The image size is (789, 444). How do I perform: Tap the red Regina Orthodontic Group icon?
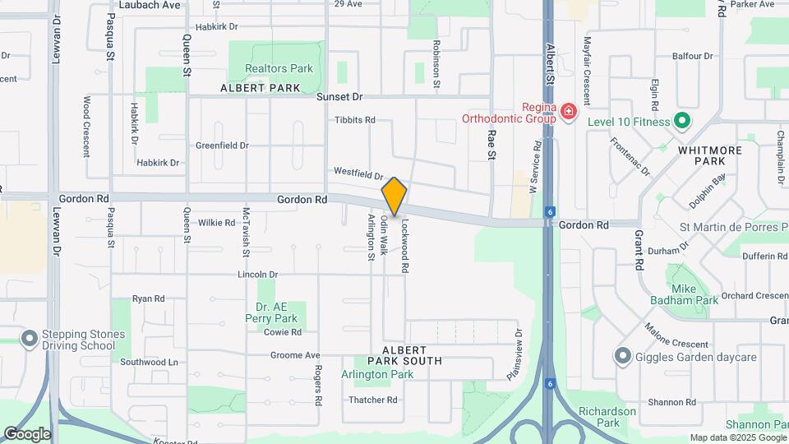click(x=568, y=110)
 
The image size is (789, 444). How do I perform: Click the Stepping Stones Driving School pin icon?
click(x=30, y=339)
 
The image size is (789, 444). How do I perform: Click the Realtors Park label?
click(x=279, y=68)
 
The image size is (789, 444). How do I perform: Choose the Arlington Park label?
click(x=377, y=374)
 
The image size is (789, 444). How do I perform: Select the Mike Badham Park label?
click(x=683, y=294)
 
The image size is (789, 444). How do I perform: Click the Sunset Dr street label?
click(x=339, y=96)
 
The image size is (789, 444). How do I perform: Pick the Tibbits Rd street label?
click(x=355, y=120)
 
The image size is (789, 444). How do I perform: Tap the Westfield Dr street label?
click(x=358, y=173)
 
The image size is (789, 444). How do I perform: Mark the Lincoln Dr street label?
click(x=258, y=274)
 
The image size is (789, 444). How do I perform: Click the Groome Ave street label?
click(x=295, y=355)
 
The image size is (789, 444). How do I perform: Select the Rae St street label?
click(x=491, y=144)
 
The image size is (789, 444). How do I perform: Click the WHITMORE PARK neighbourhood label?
click(x=710, y=156)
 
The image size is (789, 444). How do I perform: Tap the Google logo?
click(x=26, y=434)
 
